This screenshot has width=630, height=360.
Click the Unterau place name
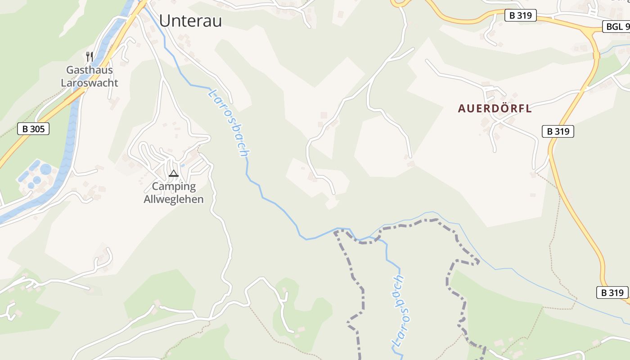(190, 20)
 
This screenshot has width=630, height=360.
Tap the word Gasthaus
(90, 70)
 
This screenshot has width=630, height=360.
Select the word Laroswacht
(90, 83)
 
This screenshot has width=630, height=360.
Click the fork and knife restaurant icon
(90, 57)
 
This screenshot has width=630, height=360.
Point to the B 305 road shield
(33, 129)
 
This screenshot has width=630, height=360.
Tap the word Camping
(174, 186)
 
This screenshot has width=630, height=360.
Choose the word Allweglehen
(174, 199)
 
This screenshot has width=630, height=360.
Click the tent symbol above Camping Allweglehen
(174, 173)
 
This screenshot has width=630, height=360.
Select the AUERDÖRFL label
(495, 108)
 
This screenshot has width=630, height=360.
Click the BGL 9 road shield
(617, 27)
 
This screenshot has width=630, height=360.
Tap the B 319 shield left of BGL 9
(521, 15)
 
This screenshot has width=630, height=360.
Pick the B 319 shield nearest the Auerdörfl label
(558, 131)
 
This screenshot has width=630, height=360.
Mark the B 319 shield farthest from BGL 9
(612, 292)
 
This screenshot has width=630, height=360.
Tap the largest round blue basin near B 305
(46, 170)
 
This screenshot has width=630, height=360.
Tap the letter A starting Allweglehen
(147, 199)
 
